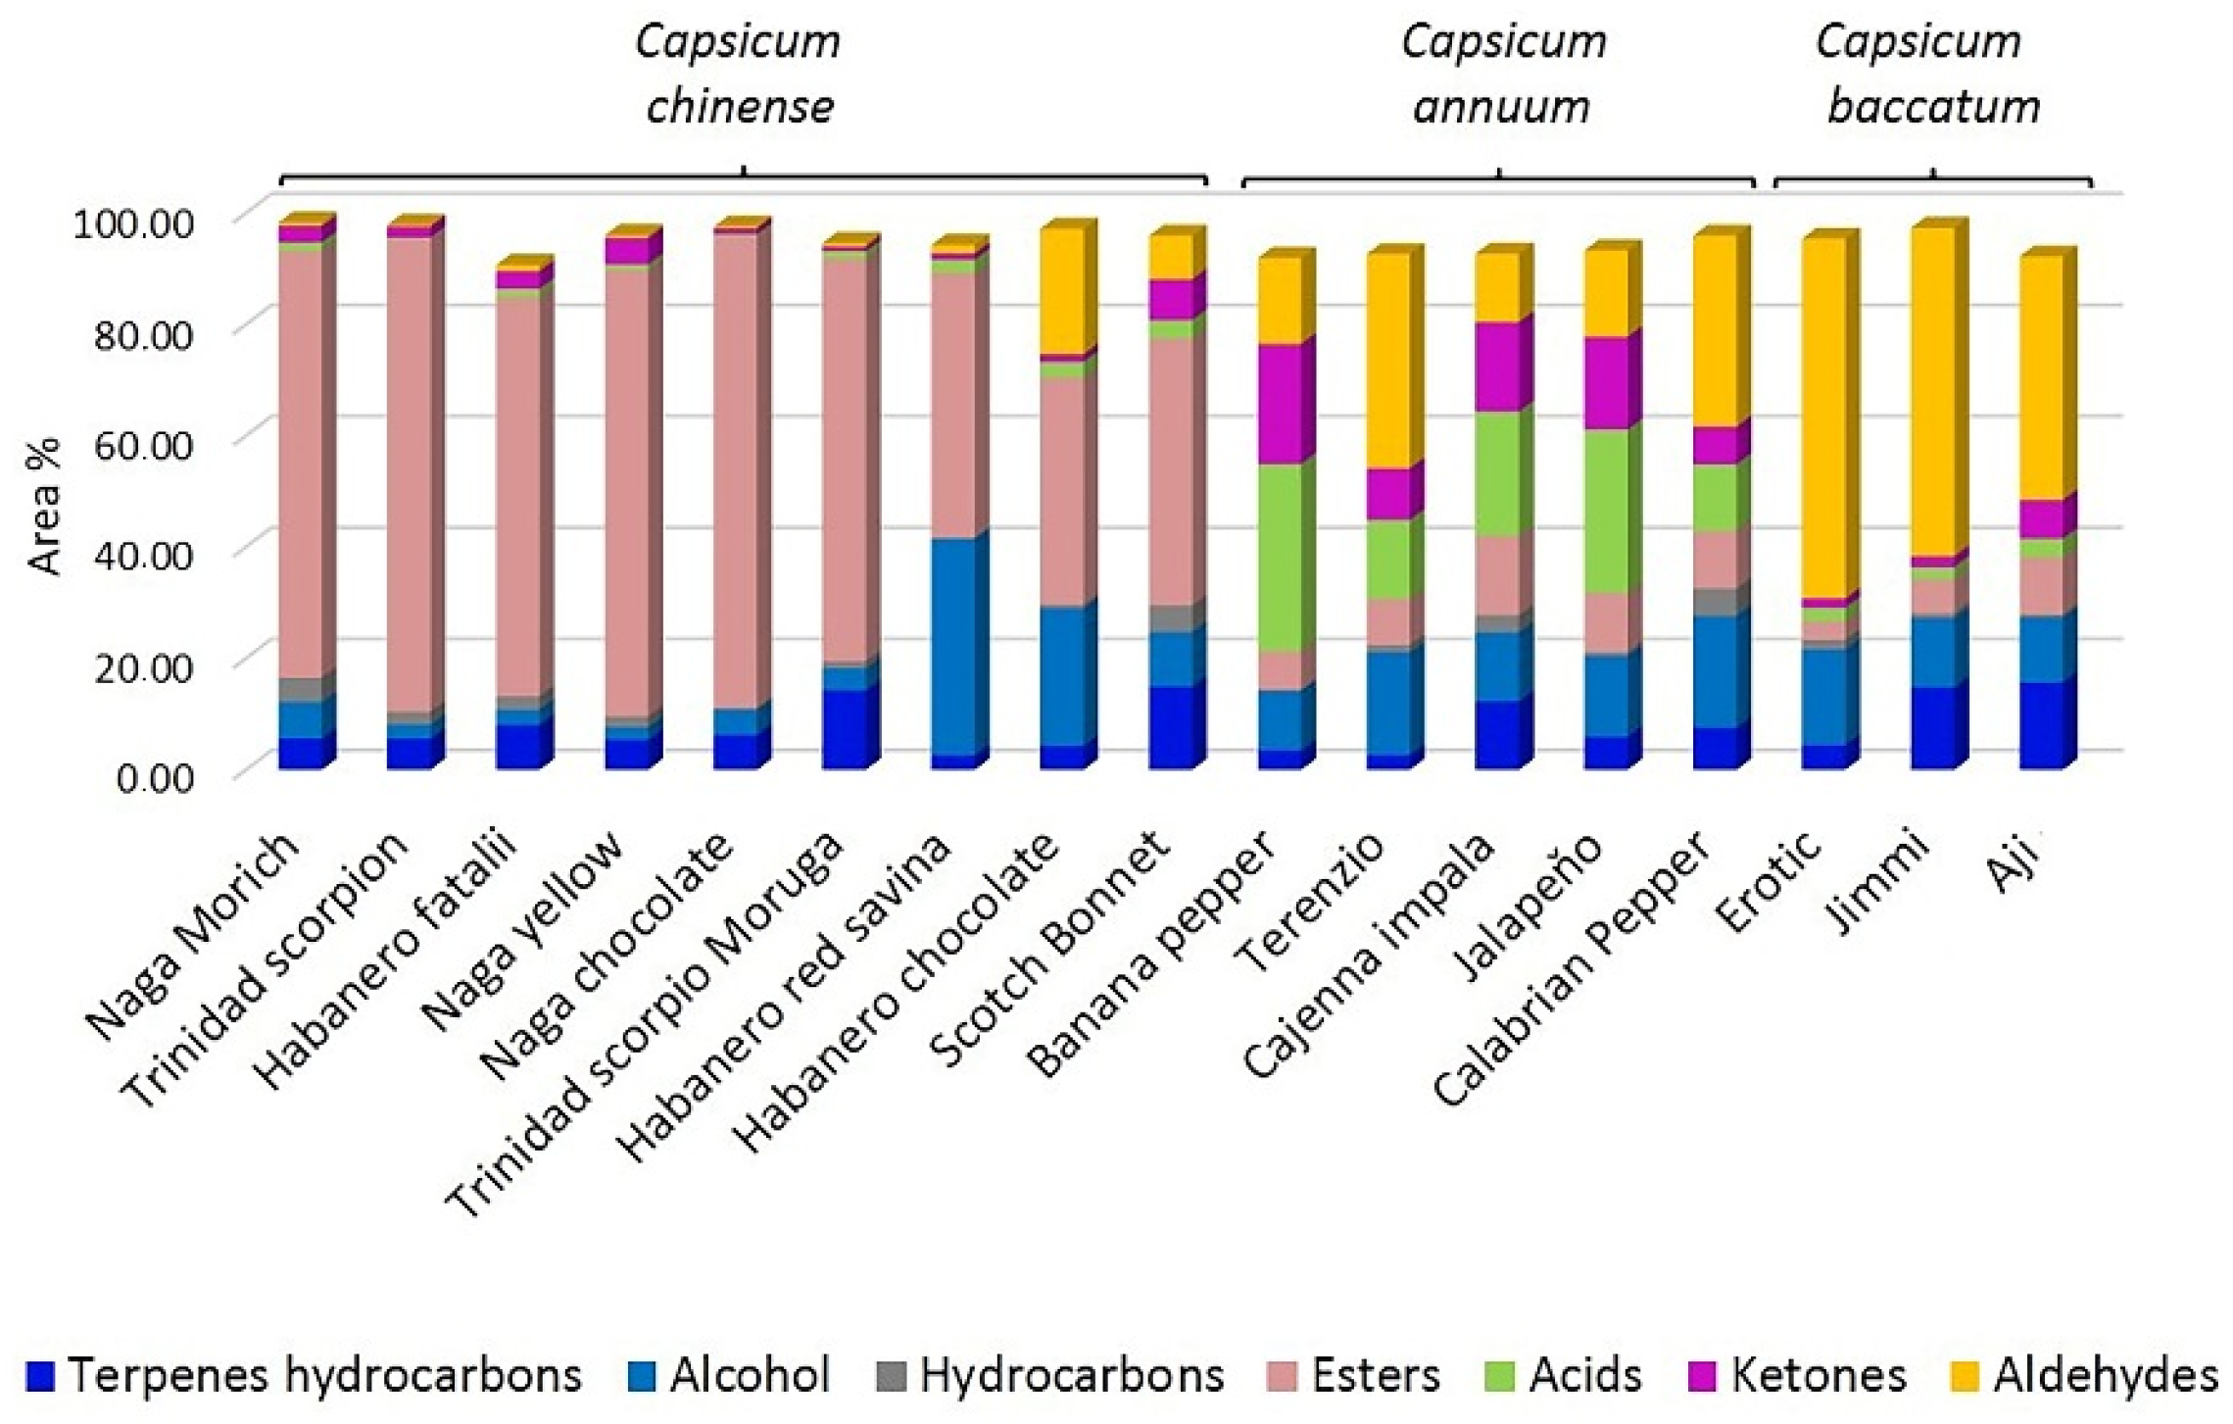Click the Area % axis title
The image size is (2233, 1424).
pos(45,506)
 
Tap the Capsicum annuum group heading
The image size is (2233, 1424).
pos(1502,74)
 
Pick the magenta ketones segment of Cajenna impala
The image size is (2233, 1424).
pos(1497,365)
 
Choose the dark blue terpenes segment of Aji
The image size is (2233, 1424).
pos(2041,724)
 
